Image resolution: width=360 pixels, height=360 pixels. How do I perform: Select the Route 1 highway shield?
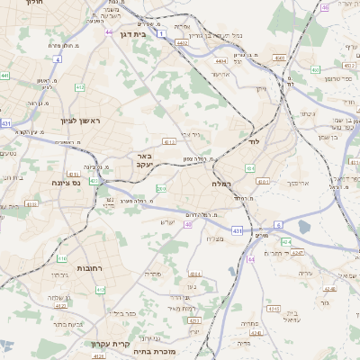(160, 33)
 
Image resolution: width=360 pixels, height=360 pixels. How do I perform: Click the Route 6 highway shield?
(279, 223)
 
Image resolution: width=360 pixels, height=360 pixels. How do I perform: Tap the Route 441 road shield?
(5, 76)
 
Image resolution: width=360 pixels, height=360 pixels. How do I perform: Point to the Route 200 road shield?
(160, 188)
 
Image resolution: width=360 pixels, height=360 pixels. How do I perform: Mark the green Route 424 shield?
(285, 241)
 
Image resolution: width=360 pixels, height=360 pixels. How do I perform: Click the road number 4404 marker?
(220, 61)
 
